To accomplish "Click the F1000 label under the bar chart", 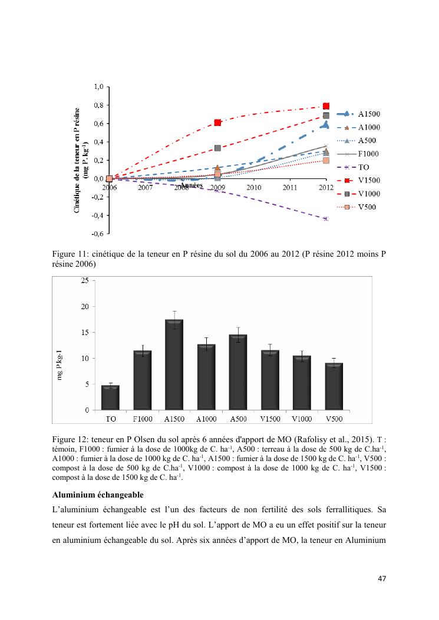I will point(142,419).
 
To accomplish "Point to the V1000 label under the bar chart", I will point(302,419).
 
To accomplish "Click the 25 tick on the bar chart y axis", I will point(85,281).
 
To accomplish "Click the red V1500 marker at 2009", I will point(217,122).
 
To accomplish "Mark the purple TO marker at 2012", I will point(326,218).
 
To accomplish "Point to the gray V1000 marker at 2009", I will point(217,148).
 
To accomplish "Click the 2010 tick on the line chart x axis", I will point(253,187).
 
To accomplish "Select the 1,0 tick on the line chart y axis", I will point(98,87).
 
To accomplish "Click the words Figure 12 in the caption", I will point(70,439).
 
